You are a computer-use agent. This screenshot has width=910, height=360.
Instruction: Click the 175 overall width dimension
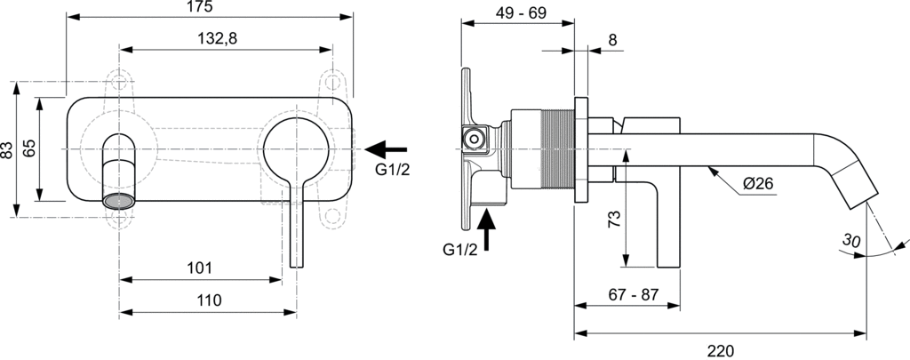pyautogui.click(x=200, y=7)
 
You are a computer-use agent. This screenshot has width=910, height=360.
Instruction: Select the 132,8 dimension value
pyautogui.click(x=218, y=39)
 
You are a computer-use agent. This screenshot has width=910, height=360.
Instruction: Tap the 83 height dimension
pyautogui.click(x=7, y=150)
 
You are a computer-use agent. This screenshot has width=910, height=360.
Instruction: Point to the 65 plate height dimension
pyautogui.click(x=30, y=148)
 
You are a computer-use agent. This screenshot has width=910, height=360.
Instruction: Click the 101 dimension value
pyautogui.click(x=200, y=268)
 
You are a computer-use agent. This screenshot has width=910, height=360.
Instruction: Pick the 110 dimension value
pyautogui.click(x=209, y=300)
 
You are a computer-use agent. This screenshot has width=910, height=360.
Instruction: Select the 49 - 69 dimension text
pyautogui.click(x=522, y=12)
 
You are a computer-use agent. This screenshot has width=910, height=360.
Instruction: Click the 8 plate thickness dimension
pyautogui.click(x=613, y=40)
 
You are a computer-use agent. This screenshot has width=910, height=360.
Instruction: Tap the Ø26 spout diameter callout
pyautogui.click(x=758, y=183)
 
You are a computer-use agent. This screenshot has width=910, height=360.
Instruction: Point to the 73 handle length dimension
pyautogui.click(x=615, y=219)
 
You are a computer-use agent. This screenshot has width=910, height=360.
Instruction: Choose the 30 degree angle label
pyautogui.click(x=851, y=240)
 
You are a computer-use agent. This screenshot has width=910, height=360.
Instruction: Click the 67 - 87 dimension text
pyautogui.click(x=633, y=294)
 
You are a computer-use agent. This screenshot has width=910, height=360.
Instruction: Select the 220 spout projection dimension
pyautogui.click(x=720, y=351)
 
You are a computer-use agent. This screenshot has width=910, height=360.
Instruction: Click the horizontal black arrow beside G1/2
pyautogui.click(x=386, y=149)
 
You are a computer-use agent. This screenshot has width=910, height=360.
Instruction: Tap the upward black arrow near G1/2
pyautogui.click(x=486, y=230)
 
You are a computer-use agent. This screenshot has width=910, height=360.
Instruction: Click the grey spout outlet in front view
pyautogui.click(x=119, y=202)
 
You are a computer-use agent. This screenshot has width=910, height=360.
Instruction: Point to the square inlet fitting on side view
pyautogui.click(x=475, y=140)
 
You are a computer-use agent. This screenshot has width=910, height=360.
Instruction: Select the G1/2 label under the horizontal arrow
pyautogui.click(x=393, y=170)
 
